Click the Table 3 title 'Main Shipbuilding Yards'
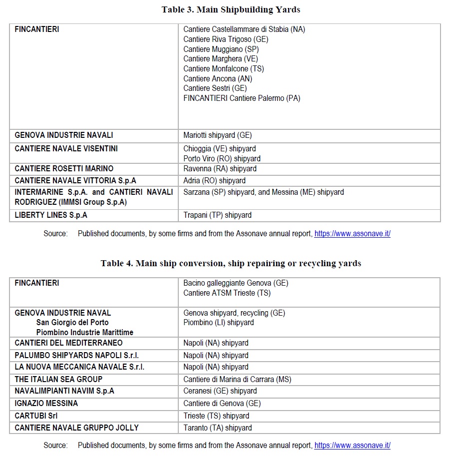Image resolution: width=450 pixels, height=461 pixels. [230, 9]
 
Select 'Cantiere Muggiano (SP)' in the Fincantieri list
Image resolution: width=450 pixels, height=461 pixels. [221, 49]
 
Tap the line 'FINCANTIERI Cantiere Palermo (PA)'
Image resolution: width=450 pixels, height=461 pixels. [242, 98]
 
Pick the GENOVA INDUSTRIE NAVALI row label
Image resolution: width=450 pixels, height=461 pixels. [64, 135]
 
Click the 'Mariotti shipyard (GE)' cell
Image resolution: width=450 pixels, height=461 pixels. [218, 135]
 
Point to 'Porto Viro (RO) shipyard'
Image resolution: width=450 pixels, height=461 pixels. [222, 158]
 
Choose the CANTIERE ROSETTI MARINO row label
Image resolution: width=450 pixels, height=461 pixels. [64, 169]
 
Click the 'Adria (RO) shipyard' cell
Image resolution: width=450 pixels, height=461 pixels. [214, 181]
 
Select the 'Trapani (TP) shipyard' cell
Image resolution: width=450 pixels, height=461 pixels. [217, 215]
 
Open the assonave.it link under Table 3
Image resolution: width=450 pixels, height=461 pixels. [352, 234]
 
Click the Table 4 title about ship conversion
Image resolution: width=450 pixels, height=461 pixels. [230, 263]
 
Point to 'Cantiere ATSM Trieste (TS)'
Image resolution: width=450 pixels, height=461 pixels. [227, 293]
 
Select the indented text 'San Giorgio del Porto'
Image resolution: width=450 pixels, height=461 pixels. [72, 323]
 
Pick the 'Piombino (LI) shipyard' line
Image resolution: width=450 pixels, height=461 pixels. [218, 323]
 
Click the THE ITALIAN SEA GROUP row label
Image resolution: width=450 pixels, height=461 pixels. [58, 380]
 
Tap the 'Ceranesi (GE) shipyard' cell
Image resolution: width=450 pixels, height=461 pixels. [220, 391]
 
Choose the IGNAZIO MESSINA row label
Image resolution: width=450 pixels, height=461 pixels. [46, 404]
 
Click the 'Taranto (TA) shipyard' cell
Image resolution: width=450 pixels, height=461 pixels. [217, 428]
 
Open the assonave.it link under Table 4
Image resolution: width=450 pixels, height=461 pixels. [352, 446]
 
